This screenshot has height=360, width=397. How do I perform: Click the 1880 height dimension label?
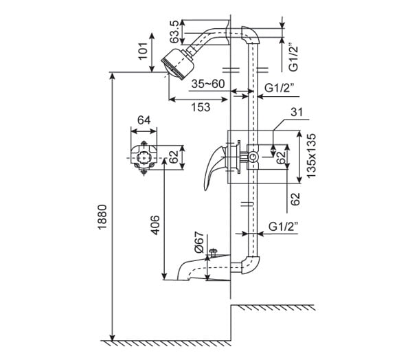pos(103,217)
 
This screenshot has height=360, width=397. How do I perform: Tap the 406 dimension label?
pos(155,225)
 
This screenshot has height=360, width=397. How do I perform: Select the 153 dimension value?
pos(201,107)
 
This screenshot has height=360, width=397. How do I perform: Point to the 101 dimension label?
pos(144,51)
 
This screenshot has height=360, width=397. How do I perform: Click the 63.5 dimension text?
pos(175,32)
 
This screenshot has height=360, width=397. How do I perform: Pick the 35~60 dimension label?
pos(208,84)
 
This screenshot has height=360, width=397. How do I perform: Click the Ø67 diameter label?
pos(199,243)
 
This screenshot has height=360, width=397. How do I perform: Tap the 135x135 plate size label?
pos(311,156)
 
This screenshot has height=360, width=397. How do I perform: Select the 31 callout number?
pos(297,112)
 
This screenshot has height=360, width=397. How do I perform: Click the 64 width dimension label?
pos(144,120)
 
